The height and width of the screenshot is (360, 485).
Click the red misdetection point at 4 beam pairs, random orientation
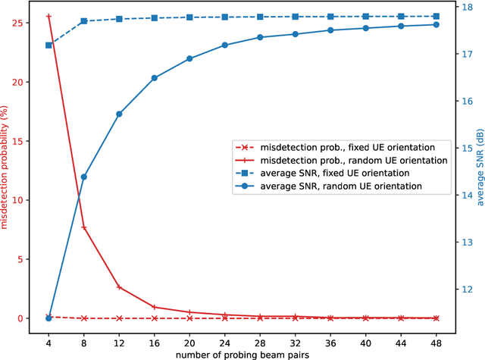(48, 16)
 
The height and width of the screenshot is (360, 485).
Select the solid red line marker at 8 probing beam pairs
(83, 227)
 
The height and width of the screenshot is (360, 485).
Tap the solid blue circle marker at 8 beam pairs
(83, 177)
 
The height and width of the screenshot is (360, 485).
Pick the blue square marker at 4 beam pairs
(48, 45)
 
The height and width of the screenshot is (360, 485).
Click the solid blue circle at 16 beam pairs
(154, 78)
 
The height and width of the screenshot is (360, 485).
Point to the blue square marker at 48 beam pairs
(436, 16)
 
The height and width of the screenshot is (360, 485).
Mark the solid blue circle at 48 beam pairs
(436, 24)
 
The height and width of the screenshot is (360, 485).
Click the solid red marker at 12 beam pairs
(119, 287)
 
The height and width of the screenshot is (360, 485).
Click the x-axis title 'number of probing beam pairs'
(242, 352)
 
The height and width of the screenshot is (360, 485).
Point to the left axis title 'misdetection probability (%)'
(7, 167)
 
